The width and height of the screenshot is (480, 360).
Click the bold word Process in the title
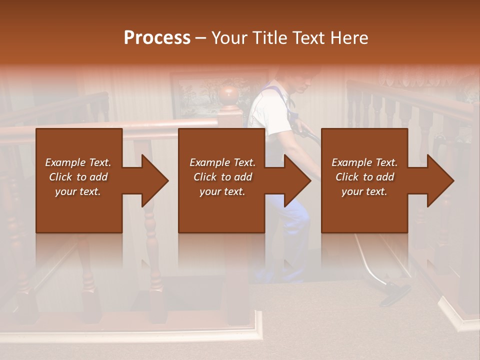(157, 38)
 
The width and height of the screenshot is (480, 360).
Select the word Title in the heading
(269, 38)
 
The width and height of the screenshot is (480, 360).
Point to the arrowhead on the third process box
(439, 180)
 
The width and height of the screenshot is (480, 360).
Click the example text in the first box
(78, 177)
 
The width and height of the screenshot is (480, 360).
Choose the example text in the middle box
(222, 177)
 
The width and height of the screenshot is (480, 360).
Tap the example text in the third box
(364, 177)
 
